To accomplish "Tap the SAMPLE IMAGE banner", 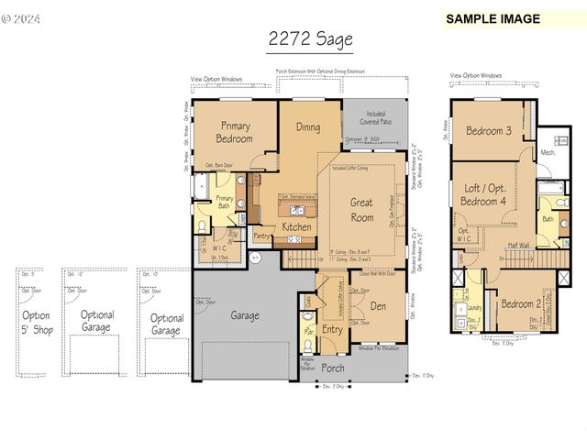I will point(493,18).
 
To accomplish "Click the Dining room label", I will point(308,127).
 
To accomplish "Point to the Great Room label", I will point(362,211).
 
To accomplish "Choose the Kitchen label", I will point(296,226).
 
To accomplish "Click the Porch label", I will point(334,368).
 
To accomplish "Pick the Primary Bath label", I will point(225,203).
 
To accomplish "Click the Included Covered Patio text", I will point(374,117).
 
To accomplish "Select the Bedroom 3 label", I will point(489,130).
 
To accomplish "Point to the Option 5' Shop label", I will point(36,322).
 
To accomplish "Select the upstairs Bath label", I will point(547,220).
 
